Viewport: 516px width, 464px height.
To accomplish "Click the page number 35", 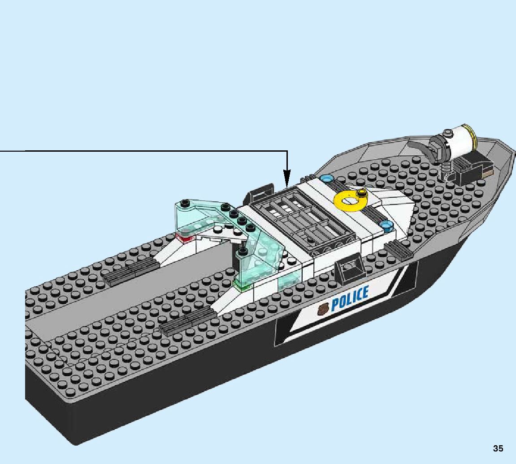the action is coord(498,448).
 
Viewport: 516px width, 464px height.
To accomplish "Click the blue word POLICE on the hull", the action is coord(350,298).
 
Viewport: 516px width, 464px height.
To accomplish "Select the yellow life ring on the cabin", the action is coord(350,201).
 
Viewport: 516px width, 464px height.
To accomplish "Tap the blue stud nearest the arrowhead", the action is coord(328,179).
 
